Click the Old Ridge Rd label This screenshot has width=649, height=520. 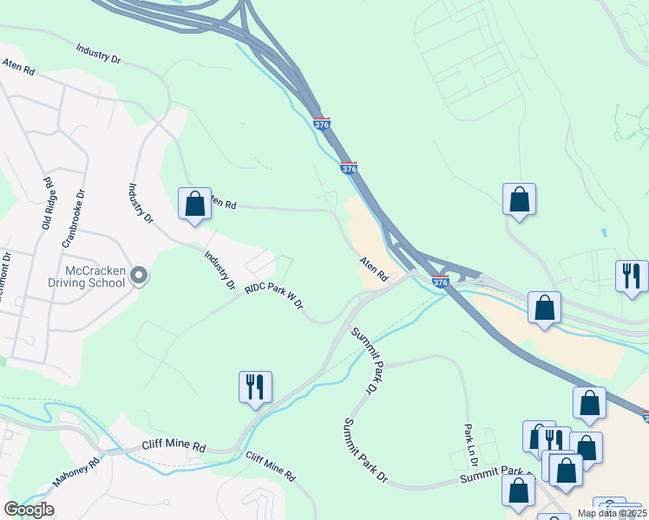[x=48, y=203]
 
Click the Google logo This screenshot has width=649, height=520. [x=29, y=510]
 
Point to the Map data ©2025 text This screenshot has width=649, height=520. [x=612, y=513]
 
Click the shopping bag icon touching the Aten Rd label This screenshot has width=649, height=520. [x=194, y=205]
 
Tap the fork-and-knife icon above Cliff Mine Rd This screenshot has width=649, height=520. [x=255, y=387]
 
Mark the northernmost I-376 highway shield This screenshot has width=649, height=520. [x=321, y=125]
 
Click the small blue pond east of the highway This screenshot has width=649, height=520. [x=603, y=234]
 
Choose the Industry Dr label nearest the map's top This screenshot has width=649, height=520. [x=98, y=54]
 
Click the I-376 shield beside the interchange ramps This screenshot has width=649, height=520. [x=440, y=282]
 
